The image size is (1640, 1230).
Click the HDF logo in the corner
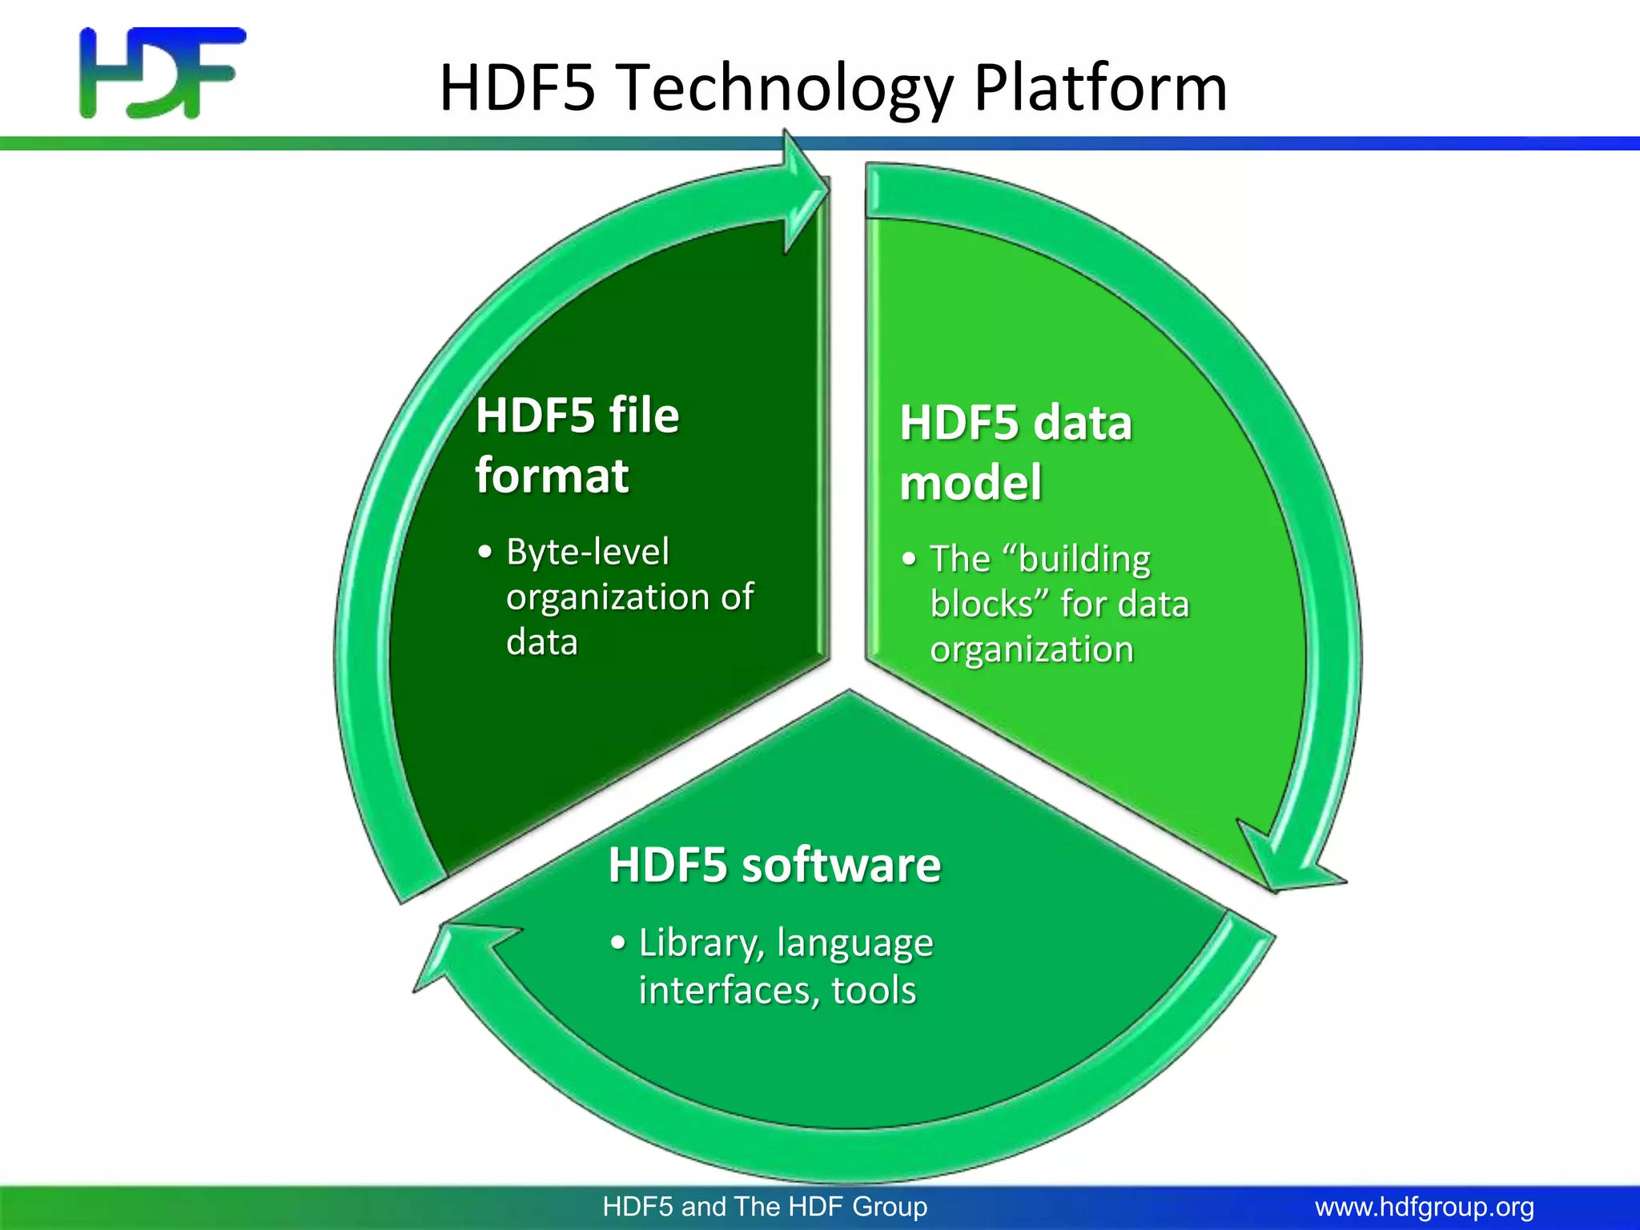(163, 73)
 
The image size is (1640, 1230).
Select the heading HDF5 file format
(577, 445)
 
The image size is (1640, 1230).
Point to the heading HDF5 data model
(1015, 452)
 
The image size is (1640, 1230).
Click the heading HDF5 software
(774, 866)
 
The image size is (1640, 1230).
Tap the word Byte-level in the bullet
(587, 552)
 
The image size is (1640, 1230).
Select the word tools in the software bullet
(874, 991)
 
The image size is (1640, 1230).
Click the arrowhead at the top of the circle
(805, 193)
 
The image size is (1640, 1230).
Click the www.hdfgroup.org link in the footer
(1425, 1207)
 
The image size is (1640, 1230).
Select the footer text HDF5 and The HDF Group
(765, 1207)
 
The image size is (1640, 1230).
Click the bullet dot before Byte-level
(484, 553)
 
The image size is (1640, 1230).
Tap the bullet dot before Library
(617, 943)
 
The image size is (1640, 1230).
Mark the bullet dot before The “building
(908, 559)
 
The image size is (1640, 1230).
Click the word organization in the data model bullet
(1031, 649)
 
